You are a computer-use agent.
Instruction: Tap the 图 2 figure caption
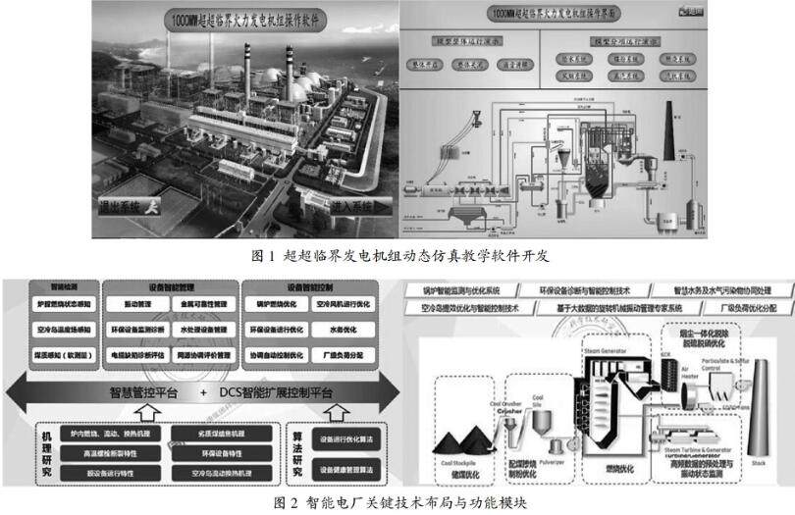click(x=397, y=502)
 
